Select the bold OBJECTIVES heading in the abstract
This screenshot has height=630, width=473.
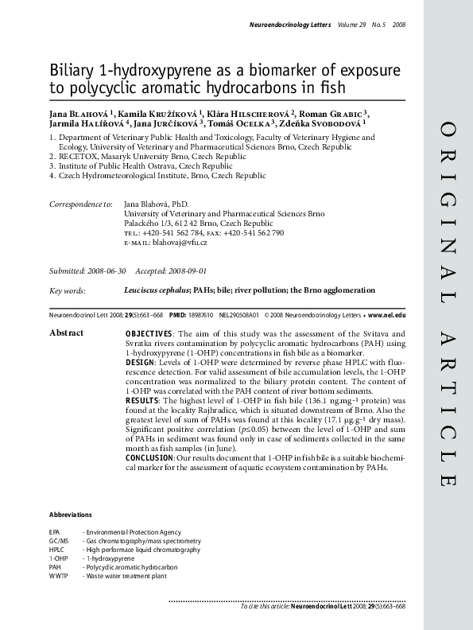149,332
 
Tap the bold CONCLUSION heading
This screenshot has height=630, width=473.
152,457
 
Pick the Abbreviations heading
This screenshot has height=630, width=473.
70,515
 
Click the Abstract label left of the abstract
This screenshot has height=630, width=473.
67,332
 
